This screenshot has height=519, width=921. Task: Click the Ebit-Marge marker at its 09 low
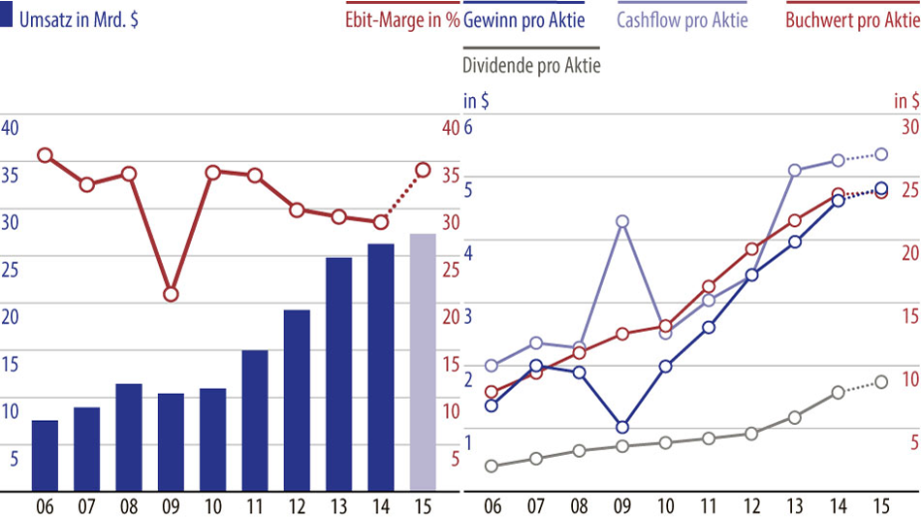(x=171, y=294)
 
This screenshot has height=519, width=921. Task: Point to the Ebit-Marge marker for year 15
(x=423, y=170)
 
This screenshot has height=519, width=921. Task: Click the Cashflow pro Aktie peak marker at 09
(x=622, y=221)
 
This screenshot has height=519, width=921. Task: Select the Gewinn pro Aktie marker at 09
(x=622, y=427)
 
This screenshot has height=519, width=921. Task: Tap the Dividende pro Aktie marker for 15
(x=881, y=382)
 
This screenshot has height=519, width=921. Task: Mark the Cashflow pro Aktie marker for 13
(x=795, y=171)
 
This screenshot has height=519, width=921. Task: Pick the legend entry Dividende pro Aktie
(x=531, y=66)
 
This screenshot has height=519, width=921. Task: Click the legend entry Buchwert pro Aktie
(x=852, y=21)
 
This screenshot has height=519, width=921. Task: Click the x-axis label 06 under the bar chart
(x=45, y=506)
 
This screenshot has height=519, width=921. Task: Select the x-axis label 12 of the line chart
(x=751, y=506)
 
